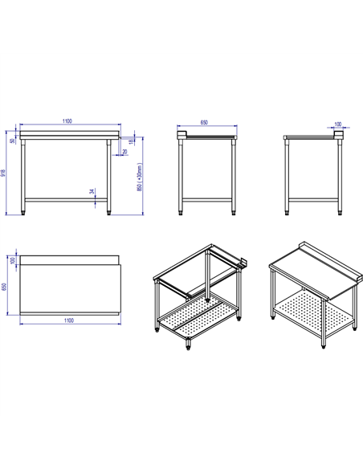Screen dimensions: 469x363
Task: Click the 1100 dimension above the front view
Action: tap(67, 121)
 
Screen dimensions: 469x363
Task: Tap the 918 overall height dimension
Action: tap(4, 172)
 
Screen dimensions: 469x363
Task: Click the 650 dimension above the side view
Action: tap(204, 123)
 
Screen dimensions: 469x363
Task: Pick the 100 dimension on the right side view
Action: tap(336, 124)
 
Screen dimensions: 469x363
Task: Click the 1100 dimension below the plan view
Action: tap(68, 320)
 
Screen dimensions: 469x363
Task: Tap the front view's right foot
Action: tap(111, 212)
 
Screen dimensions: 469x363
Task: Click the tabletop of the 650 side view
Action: tap(209, 137)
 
